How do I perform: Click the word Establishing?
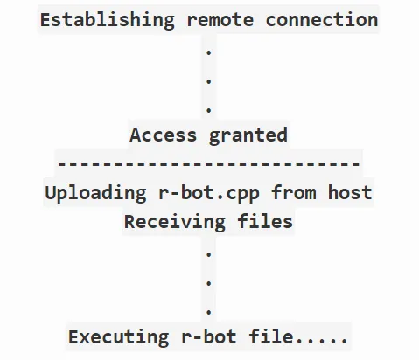pos(108,20)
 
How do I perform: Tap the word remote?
pos(220,20)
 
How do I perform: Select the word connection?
pos(322,20)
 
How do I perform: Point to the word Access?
pos(164,135)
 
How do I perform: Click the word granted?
pos(248,135)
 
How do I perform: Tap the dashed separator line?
pos(209,163)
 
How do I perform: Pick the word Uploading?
pos(95,193)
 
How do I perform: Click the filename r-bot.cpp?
pos(209,193)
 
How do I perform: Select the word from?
pos(294,192)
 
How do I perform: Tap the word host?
pos(350,192)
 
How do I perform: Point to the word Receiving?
pos(175,222)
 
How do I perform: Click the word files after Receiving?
pos(265,221)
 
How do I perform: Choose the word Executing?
pos(118,337)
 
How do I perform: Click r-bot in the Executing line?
pos(209,336)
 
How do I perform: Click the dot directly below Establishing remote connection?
pos(209,52)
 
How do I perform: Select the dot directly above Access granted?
pos(209,110)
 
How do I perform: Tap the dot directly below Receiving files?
pos(209,254)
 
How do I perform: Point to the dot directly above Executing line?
pos(209,312)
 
